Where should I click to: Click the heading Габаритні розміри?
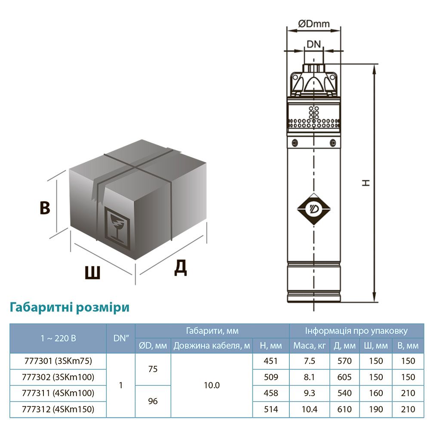pyautogui.click(x=69, y=307)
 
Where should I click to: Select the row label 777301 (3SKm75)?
pyautogui.click(x=58, y=361)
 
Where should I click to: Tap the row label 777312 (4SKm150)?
pyautogui.click(x=58, y=409)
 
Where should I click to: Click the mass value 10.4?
pyautogui.click(x=310, y=409)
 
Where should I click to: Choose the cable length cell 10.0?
pyautogui.click(x=212, y=385)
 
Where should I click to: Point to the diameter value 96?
pyautogui.click(x=153, y=401)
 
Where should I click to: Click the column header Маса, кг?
pyautogui.click(x=310, y=346)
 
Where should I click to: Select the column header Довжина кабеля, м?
pyautogui.click(x=212, y=346)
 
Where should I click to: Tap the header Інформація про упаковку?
pyautogui.click(x=356, y=331)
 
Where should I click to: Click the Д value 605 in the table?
pyautogui.click(x=344, y=377)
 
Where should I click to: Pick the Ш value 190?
pyautogui.click(x=376, y=409)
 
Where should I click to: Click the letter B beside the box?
pyautogui.click(x=45, y=208)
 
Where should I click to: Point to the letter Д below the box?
pyautogui.click(x=181, y=268)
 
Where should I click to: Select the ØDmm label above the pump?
pyautogui.click(x=313, y=24)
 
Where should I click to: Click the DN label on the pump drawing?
pyautogui.click(x=313, y=43)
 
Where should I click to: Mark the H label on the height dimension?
pyautogui.click(x=366, y=182)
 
